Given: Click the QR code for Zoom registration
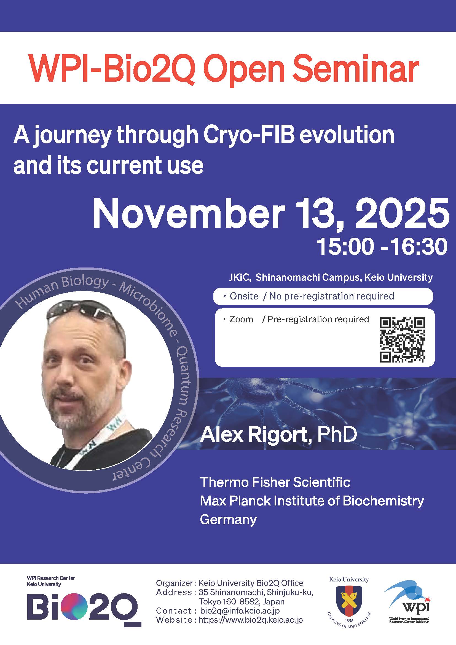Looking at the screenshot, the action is click(402, 339).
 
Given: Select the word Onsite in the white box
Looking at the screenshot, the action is click(244, 296).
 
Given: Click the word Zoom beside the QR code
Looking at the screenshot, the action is click(241, 319).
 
